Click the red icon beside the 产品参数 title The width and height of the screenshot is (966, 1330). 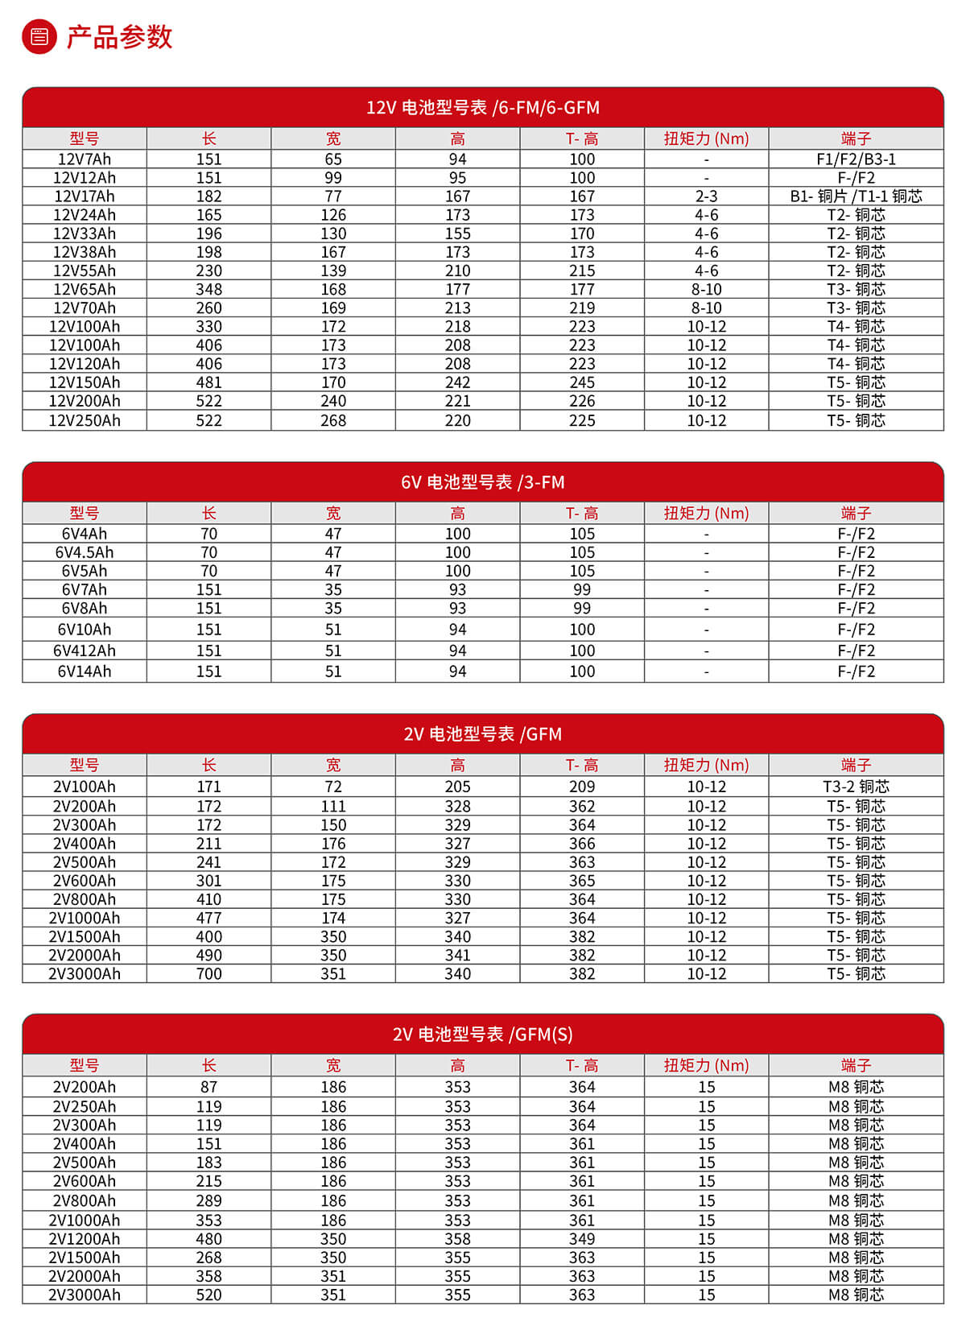(39, 37)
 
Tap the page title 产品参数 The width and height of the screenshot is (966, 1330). (119, 37)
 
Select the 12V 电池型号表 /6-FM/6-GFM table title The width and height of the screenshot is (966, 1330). (482, 108)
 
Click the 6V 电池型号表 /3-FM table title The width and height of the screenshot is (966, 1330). (482, 482)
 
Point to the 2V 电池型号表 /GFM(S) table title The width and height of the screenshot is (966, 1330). (482, 1034)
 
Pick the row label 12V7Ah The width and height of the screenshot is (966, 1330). (85, 159)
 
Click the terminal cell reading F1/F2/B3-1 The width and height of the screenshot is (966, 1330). (856, 159)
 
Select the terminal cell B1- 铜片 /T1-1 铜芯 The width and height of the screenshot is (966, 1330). (856, 196)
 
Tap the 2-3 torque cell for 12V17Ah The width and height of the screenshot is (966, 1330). (706, 196)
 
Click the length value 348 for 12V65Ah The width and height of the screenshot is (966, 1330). (208, 289)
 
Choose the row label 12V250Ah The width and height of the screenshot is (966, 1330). (85, 420)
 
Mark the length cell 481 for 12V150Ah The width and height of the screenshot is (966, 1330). (208, 382)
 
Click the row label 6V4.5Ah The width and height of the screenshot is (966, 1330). (85, 552)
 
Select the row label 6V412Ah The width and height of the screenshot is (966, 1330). (85, 651)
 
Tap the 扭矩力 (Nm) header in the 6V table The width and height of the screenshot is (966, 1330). (706, 513)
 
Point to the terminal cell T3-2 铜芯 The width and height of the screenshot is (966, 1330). (856, 787)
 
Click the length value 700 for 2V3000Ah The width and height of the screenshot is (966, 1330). (208, 973)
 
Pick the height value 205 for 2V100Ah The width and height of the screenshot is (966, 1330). (457, 787)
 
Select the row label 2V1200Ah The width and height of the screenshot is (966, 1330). (85, 1239)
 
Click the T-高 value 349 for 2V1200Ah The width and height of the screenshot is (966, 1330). (581, 1239)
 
